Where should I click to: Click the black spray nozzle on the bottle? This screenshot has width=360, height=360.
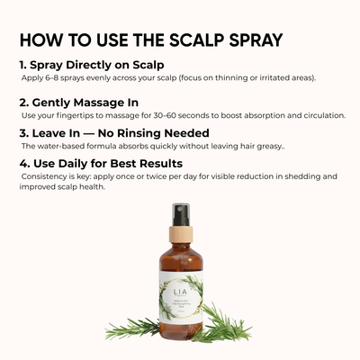[x=182, y=214]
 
